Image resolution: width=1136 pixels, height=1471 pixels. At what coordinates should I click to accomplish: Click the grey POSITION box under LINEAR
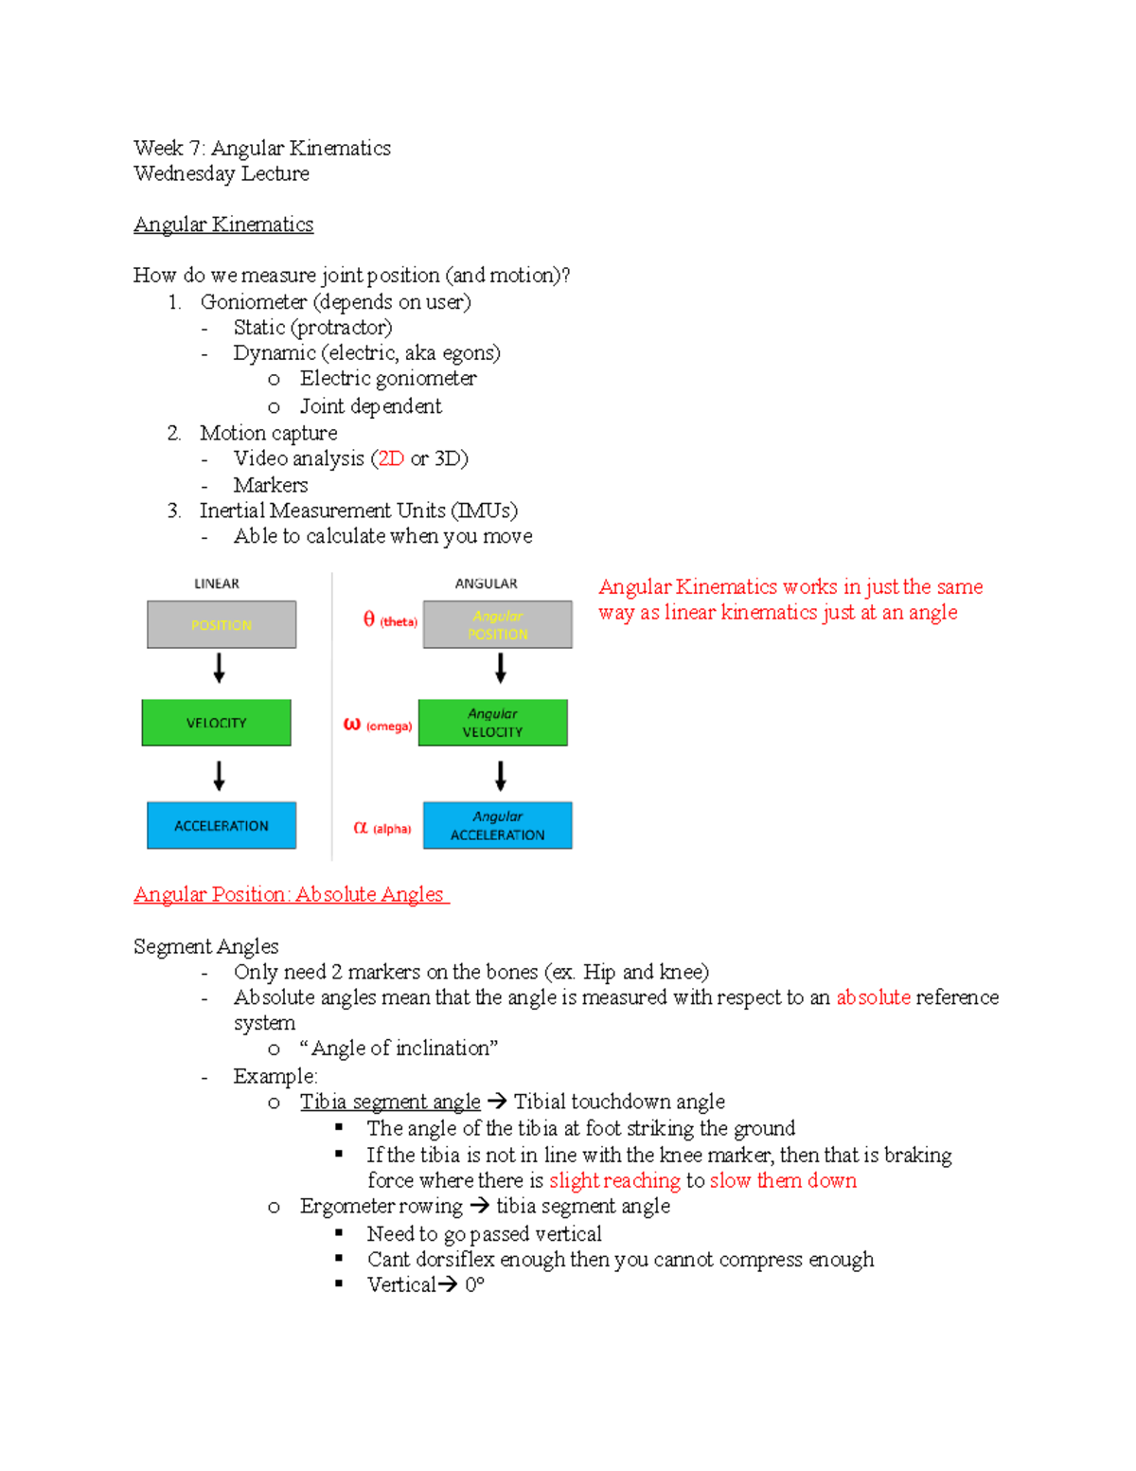(x=222, y=624)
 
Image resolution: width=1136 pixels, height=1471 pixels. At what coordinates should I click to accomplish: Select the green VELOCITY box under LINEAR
(x=216, y=723)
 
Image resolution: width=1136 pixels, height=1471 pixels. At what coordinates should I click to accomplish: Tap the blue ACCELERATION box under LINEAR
(x=222, y=825)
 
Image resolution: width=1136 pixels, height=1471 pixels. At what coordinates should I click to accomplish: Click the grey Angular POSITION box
(x=497, y=624)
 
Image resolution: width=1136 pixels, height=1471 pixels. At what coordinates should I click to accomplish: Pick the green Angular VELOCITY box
(x=492, y=723)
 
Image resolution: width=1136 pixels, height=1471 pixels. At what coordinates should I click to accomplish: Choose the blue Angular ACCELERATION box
(x=497, y=825)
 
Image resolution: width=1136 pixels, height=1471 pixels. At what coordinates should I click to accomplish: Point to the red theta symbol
(x=369, y=619)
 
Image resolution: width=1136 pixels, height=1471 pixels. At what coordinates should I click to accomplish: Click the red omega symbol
(x=352, y=724)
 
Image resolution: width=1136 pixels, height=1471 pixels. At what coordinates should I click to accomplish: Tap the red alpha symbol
(x=360, y=827)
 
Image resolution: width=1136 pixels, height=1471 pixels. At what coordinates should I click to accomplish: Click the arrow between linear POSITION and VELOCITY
(x=219, y=669)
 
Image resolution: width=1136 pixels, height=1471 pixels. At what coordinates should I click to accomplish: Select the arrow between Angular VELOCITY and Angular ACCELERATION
(x=501, y=776)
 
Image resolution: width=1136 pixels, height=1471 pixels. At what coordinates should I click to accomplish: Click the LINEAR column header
(x=217, y=583)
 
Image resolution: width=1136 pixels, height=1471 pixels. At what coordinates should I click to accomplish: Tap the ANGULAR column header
(x=486, y=583)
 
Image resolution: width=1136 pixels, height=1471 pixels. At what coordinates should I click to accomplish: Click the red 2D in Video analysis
(x=391, y=458)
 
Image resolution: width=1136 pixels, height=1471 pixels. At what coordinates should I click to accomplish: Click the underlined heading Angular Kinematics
(x=223, y=224)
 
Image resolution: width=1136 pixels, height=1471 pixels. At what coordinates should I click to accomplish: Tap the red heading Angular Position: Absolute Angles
(x=290, y=894)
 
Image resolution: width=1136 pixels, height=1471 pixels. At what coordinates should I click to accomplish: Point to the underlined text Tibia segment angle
(x=390, y=1102)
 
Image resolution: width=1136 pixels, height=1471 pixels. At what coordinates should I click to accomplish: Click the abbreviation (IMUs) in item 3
(x=485, y=511)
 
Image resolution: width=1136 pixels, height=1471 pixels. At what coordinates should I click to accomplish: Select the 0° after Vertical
(x=474, y=1284)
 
